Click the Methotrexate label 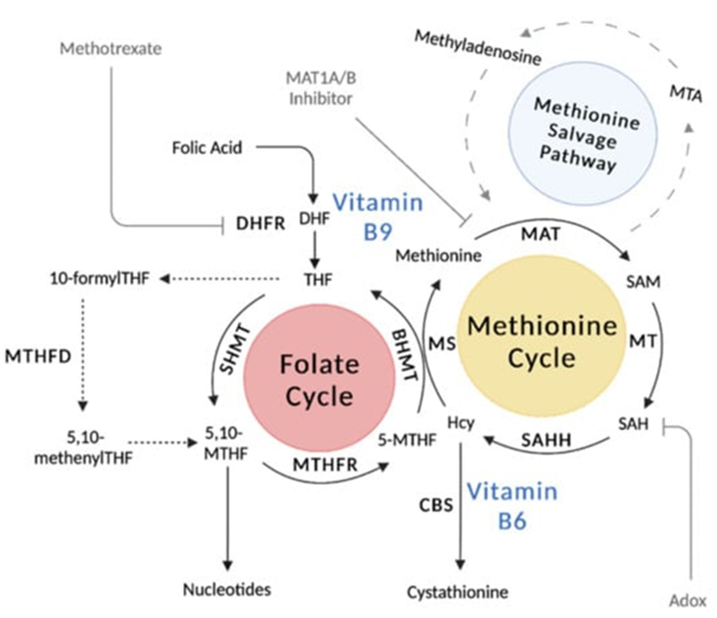[111, 48]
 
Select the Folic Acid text [207, 148]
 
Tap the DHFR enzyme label [260, 224]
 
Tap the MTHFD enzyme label [38, 356]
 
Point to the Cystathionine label [458, 592]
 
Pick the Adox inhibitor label [687, 601]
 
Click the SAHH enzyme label [546, 440]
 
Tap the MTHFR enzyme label [325, 465]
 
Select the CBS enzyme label [436, 505]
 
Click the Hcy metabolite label [461, 423]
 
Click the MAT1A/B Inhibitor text [321, 88]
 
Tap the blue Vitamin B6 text [512, 506]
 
